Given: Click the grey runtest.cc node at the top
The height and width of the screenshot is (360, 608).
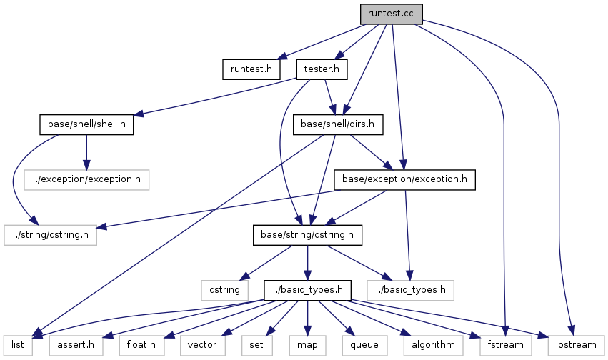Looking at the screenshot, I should [391, 14].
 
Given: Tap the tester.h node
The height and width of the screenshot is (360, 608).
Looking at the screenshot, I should [322, 69].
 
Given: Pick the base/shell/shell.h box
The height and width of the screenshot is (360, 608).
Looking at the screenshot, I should [86, 124].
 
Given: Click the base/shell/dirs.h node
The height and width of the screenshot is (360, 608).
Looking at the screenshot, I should [339, 124].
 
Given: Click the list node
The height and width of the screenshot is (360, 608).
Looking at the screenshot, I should [17, 344].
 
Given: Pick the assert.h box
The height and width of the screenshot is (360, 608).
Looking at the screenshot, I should [76, 344].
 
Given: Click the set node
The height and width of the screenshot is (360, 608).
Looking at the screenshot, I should [256, 344].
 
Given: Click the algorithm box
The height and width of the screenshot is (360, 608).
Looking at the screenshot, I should [432, 344].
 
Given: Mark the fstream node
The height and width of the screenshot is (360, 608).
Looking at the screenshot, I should [504, 344].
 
